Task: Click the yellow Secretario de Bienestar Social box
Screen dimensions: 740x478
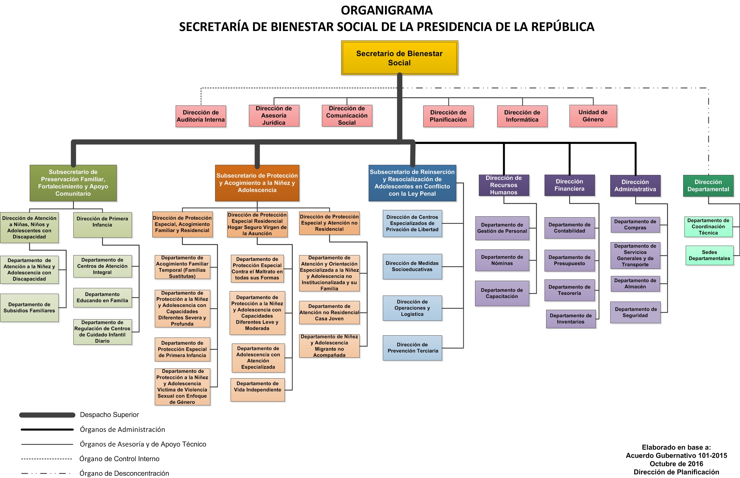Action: click(399, 58)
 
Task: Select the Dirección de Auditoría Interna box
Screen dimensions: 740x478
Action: click(201, 116)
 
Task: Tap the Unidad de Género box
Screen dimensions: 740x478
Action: click(593, 116)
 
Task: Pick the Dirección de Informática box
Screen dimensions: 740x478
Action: click(522, 116)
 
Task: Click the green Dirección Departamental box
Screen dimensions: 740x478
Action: click(708, 186)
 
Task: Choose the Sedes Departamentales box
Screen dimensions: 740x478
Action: click(709, 255)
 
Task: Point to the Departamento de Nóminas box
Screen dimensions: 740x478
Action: click(502, 260)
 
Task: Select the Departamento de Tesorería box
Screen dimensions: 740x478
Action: click(569, 290)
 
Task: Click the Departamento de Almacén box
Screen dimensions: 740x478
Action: click(635, 284)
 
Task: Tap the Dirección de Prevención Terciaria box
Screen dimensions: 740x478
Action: click(412, 348)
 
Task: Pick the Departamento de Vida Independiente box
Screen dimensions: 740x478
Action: click(258, 390)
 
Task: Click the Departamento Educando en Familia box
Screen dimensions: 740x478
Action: click(102, 298)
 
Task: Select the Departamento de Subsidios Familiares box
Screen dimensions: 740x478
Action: click(29, 308)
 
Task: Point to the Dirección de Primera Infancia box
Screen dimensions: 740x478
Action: click(102, 225)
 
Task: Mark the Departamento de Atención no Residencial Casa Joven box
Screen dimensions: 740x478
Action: click(329, 313)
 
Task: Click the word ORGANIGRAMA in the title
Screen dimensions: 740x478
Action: click(387, 10)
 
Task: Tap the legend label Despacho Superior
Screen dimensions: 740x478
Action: click(109, 415)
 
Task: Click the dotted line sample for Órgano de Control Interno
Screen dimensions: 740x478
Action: click(47, 459)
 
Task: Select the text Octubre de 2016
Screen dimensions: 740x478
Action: click(676, 464)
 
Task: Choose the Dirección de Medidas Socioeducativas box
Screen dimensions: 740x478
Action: click(412, 266)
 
